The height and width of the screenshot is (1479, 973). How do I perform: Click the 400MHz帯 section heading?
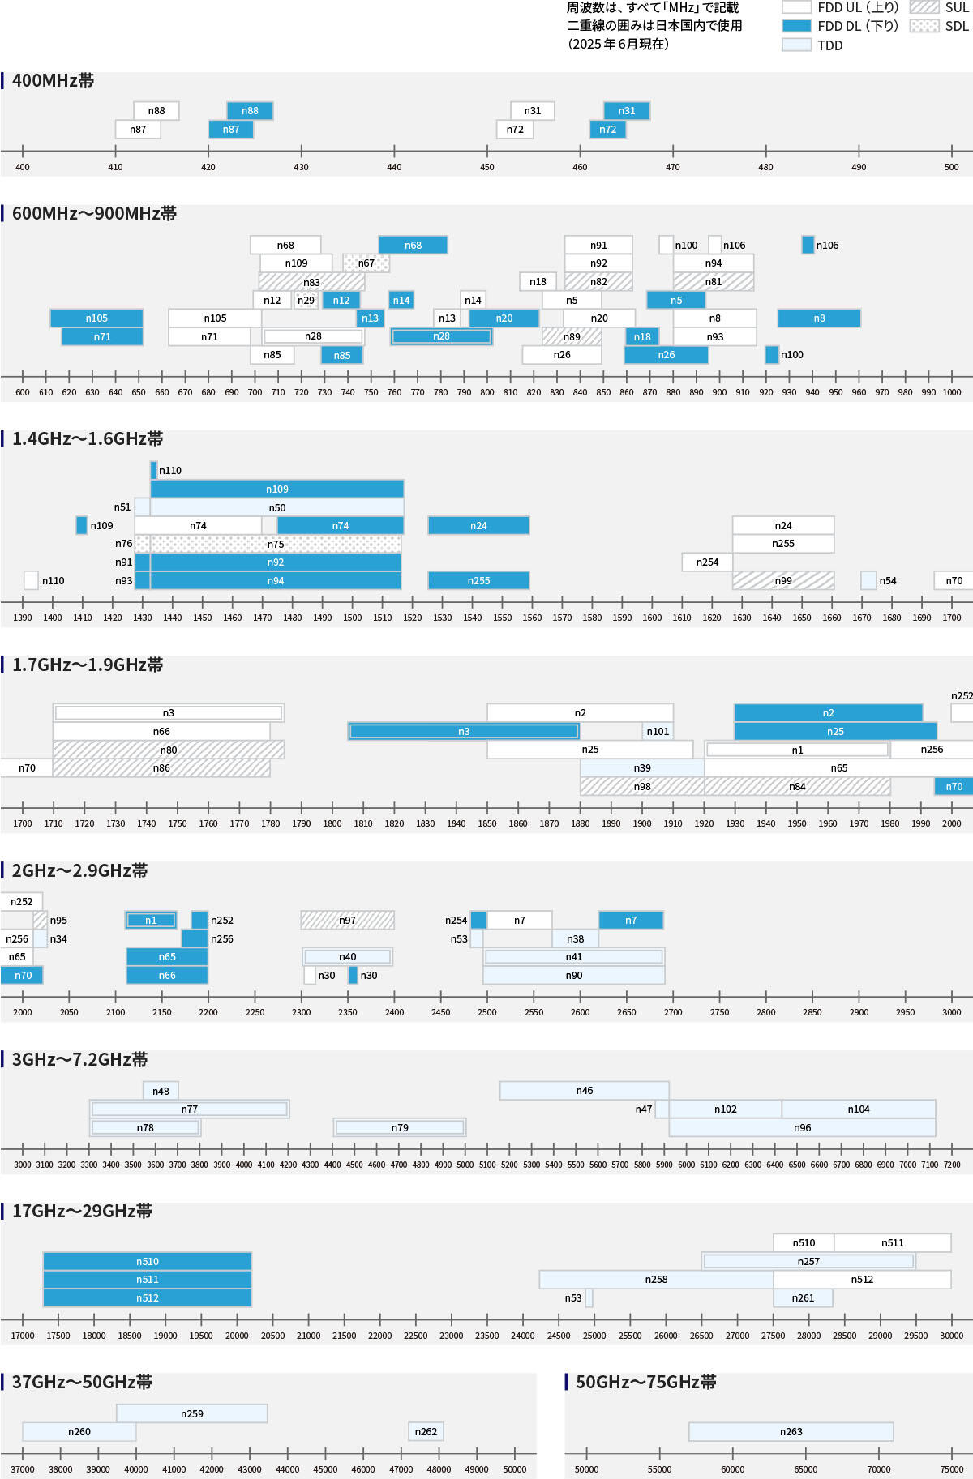coord(53,81)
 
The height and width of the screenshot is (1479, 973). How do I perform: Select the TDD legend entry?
coord(829,45)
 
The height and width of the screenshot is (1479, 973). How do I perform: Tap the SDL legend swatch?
coord(924,26)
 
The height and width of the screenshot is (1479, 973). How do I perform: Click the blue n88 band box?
coord(250,111)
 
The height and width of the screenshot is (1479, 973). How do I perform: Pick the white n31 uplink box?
coord(532,111)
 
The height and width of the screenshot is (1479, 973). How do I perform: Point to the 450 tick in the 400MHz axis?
coord(487,167)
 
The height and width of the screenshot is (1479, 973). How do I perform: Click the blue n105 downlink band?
coord(96,318)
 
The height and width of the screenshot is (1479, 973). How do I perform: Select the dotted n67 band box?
coord(366,263)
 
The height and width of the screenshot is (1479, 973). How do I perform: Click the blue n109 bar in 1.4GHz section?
coord(276,489)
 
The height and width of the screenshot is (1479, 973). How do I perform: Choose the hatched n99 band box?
coord(782,580)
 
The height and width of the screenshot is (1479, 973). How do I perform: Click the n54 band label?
coord(888,581)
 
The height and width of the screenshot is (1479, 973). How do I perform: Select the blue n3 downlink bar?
coord(463,732)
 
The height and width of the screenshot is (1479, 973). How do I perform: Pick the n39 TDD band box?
coord(641,768)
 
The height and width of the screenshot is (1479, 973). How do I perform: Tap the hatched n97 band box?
coord(347,921)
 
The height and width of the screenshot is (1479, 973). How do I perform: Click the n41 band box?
coord(573,957)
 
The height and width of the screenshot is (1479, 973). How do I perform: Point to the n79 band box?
coord(400,1127)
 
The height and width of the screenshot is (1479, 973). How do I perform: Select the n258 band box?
coord(656,1280)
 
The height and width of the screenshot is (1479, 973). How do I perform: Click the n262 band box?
coord(426,1432)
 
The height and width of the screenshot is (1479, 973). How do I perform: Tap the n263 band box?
coord(791,1432)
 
